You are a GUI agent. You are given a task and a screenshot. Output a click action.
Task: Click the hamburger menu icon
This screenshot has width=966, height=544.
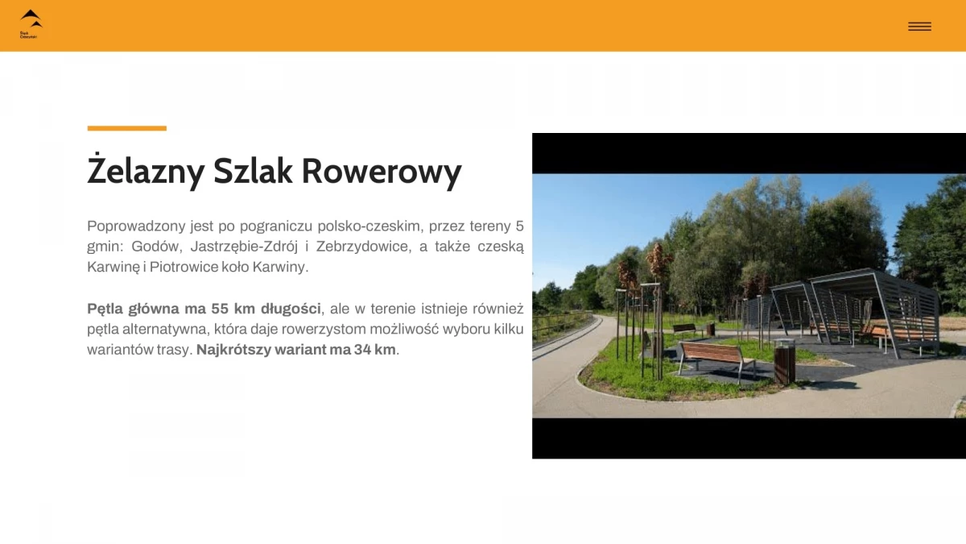click(x=919, y=27)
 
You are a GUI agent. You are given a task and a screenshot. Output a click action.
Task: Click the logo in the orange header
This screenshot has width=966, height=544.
click(x=31, y=23)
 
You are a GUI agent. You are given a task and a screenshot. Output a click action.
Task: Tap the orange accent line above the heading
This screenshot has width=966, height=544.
click(x=126, y=128)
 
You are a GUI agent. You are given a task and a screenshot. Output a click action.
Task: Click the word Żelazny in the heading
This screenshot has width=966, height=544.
click(x=145, y=172)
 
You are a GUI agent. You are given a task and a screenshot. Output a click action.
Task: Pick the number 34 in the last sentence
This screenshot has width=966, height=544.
click(x=363, y=350)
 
